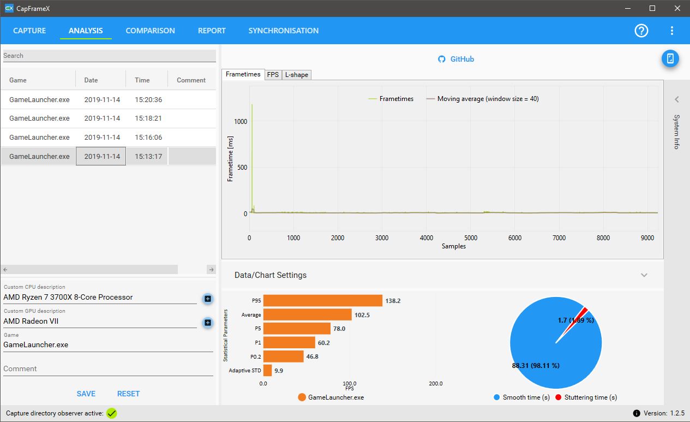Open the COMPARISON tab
pos(150,31)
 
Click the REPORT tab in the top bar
pos(212,31)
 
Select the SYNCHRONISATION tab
pos(284,31)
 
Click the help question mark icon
pos(641,31)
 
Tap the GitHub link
pos(456,59)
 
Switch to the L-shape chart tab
pos(296,75)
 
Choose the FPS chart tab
pos(273,75)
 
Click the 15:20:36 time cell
pos(148,99)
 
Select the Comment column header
pos(191,80)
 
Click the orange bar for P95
pos(322,301)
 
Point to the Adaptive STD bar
pos(267,370)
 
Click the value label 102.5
pos(362,315)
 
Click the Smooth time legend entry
pos(521,397)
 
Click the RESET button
pos(128,394)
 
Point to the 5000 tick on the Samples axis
pos(471,237)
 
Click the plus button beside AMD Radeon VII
pos(208,323)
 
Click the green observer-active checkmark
pos(111,413)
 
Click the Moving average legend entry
pos(482,99)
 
